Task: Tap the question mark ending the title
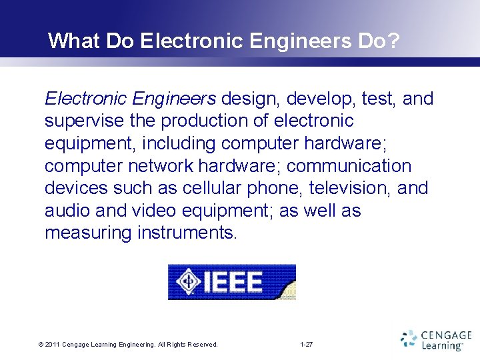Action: (395, 41)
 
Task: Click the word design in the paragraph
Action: (252, 99)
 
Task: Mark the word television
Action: (351, 188)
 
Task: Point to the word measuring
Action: (88, 233)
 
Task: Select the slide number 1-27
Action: (307, 345)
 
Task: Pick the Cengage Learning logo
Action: (436, 340)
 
